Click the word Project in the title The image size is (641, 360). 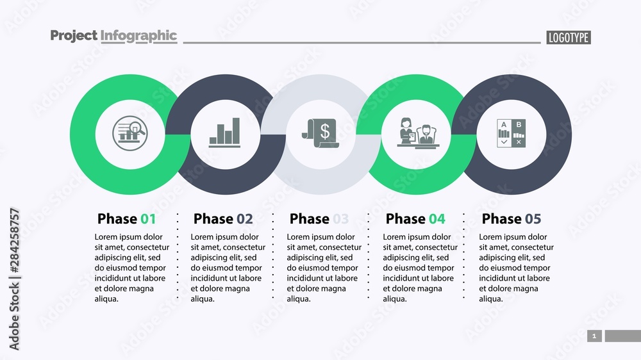[x=73, y=36]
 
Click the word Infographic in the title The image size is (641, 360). [x=138, y=36]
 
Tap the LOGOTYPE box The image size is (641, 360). [x=568, y=38]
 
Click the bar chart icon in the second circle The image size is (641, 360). [x=224, y=133]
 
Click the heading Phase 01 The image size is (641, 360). [x=126, y=219]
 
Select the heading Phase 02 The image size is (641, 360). [x=223, y=219]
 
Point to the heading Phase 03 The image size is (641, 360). [x=319, y=219]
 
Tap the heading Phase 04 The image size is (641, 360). [x=415, y=219]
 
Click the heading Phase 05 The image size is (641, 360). [x=512, y=219]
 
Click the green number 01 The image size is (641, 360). [x=148, y=219]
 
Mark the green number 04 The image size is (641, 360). [x=437, y=219]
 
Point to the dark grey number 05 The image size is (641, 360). [x=533, y=219]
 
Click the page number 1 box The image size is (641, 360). [x=594, y=336]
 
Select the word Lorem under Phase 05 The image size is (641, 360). [x=491, y=237]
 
